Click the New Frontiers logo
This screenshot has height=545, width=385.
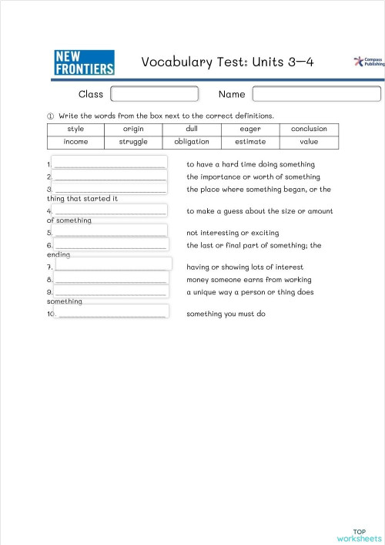coord(85,62)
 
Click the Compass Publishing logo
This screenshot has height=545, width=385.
coord(367,62)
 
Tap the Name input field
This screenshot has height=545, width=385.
coord(316,94)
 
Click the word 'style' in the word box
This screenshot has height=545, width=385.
coord(75,129)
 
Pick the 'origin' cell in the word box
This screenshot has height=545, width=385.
coord(133,129)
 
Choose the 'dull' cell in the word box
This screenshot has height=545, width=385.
coord(192,129)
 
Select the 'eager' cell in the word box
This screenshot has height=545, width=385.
coord(250,129)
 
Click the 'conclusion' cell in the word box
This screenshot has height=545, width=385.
coord(309,129)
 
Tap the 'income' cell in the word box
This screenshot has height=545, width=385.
coord(75,142)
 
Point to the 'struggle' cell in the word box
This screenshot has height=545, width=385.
coord(133,142)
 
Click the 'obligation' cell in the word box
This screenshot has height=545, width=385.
coord(192,142)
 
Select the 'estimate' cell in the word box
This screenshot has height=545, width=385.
coord(250,142)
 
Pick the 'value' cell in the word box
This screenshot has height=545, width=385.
coord(309,142)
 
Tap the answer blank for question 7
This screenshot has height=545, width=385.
coord(112,264)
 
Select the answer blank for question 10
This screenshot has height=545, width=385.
coord(112,313)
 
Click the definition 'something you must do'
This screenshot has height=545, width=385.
coord(226,314)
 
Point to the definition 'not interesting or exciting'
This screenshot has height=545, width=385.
coord(233,233)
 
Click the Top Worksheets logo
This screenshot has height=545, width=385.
coord(359,535)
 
